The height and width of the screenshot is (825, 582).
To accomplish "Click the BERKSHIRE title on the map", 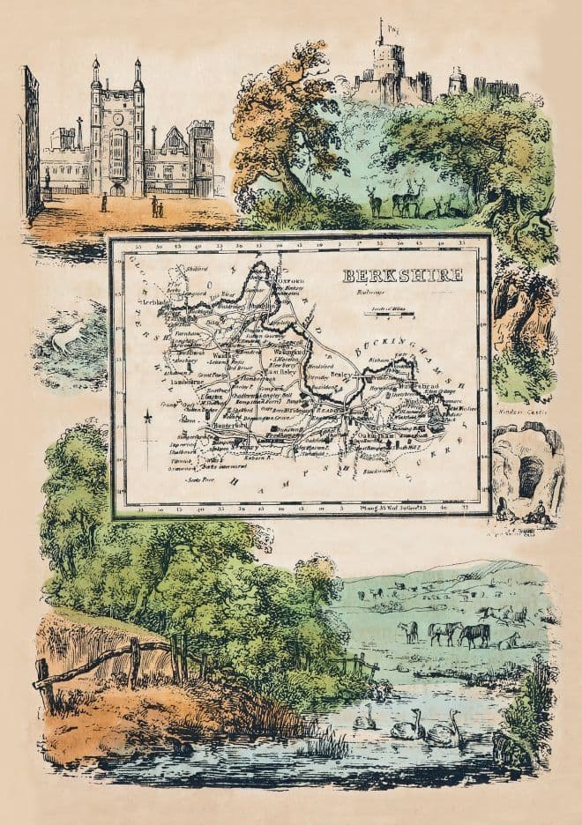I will [x=403, y=274].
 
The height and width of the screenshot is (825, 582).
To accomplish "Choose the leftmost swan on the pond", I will [x=364, y=718].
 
